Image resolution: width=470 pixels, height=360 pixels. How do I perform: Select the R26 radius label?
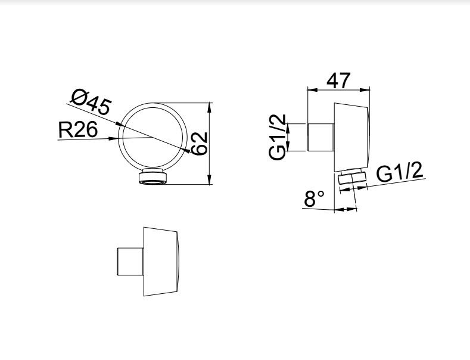pos(78,129)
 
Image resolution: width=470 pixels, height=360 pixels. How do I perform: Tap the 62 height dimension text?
pos(200,144)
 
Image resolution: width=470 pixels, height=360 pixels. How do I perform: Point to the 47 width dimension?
pos(338,80)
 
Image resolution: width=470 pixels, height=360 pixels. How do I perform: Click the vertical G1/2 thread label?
pos(278,137)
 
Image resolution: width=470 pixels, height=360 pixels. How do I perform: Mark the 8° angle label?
pos(314,198)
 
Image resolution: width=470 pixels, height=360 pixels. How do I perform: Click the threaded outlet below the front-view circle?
pos(153,176)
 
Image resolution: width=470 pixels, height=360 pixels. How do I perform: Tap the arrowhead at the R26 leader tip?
pos(113,138)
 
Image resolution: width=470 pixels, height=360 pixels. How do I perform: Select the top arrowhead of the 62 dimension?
pos(210,107)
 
